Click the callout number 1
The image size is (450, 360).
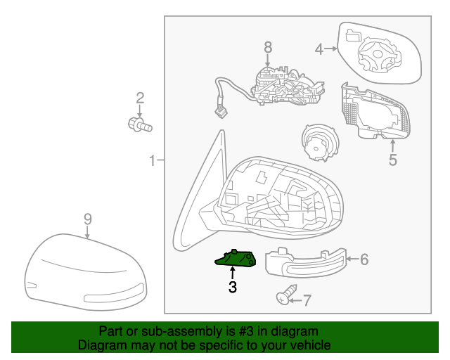click(x=152, y=162)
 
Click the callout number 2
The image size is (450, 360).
click(x=140, y=98)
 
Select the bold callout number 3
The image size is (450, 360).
click(x=232, y=287)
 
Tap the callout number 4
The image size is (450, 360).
click(x=319, y=49)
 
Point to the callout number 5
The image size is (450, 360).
click(x=392, y=160)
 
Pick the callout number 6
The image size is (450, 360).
click(x=364, y=259)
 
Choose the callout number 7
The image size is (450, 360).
click(x=307, y=300)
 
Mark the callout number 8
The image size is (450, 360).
click(x=267, y=47)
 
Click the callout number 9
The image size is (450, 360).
click(x=87, y=219)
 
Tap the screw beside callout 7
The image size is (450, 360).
click(x=285, y=297)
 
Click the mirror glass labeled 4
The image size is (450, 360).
click(x=380, y=53)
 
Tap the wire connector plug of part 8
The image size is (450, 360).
click(x=220, y=110)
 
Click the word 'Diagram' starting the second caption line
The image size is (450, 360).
click(x=99, y=345)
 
